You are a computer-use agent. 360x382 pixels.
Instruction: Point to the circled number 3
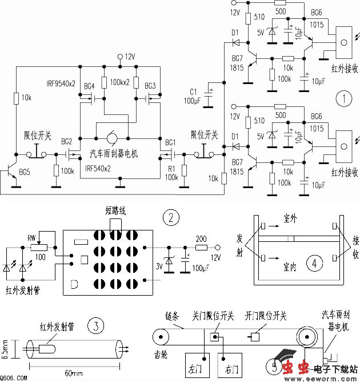[x=96, y=326]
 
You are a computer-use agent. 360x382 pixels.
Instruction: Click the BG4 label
[x=89, y=86]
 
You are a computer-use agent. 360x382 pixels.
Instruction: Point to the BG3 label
[x=150, y=86]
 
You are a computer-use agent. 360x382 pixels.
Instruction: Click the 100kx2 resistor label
[x=121, y=83]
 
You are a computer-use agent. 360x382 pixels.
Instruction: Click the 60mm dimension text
[x=73, y=373]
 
